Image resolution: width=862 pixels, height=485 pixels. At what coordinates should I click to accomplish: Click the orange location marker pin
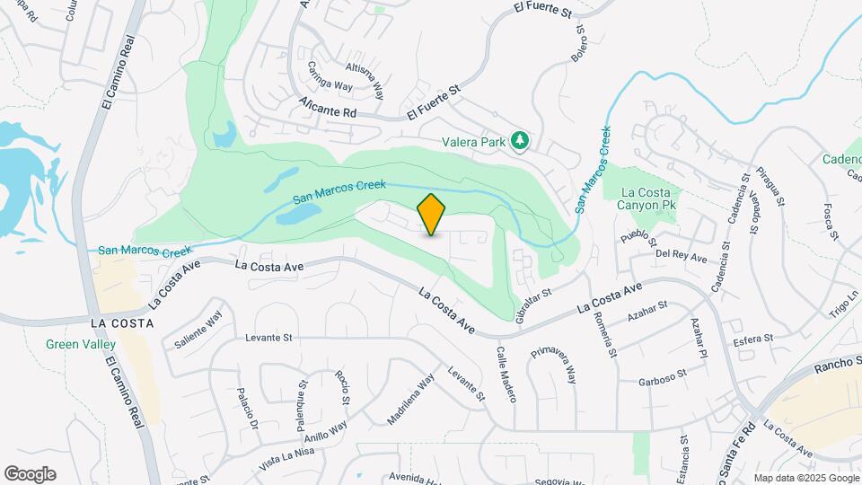[432, 214]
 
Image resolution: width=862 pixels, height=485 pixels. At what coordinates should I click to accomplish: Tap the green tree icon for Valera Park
[518, 140]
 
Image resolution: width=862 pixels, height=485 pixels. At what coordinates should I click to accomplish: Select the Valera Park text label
[473, 141]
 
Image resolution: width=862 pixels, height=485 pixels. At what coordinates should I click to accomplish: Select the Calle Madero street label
[500, 374]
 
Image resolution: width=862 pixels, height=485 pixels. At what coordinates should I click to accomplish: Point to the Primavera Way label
[555, 362]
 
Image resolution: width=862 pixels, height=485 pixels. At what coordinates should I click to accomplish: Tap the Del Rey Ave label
[682, 257]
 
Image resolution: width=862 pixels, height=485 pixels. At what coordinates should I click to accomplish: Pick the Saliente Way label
[198, 331]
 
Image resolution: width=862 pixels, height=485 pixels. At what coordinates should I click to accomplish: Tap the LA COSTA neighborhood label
[122, 322]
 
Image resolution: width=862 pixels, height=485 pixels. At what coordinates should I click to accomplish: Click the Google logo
[30, 474]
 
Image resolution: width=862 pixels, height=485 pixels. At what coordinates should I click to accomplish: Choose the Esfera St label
[753, 339]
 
